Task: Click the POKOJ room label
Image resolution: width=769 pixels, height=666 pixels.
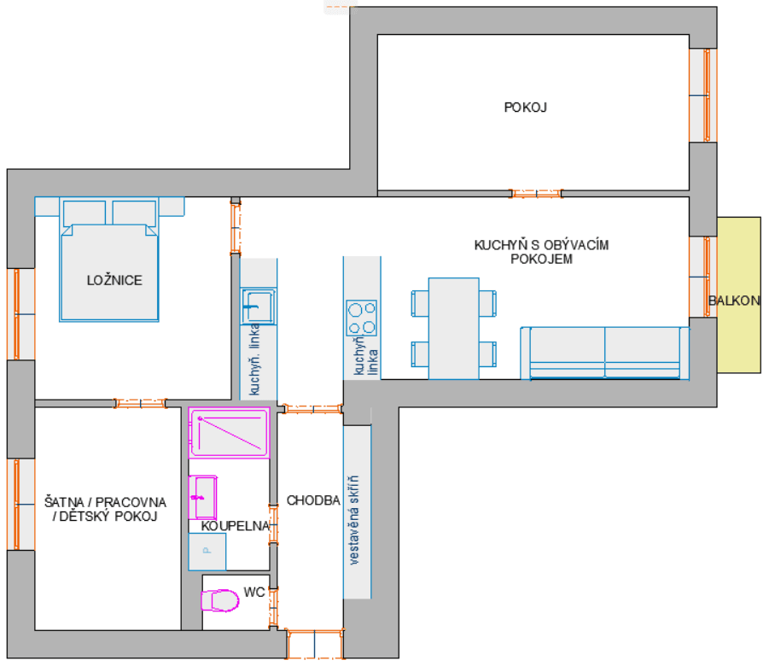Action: coord(525,108)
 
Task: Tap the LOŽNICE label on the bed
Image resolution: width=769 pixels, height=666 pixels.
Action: coord(114,280)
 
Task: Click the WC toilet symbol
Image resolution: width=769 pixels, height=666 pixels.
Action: coord(219,600)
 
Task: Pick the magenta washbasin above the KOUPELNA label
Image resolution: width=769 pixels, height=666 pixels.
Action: coord(203,497)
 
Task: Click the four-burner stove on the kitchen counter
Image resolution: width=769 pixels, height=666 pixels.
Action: coord(362,318)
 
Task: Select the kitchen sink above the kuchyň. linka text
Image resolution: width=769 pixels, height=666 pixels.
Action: coord(257,306)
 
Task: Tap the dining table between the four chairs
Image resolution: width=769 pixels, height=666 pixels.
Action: coord(453,328)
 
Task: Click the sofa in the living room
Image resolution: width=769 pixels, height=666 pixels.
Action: coord(604,353)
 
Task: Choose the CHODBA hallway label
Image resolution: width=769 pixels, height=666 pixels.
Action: coord(314,500)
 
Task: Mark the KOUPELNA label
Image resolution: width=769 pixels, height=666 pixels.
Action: coord(236,527)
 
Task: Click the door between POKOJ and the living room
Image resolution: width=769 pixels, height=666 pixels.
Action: coord(536,194)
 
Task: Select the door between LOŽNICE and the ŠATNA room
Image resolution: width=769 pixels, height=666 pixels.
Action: coord(140,403)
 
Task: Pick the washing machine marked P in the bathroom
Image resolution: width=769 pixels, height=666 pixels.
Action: coord(207,552)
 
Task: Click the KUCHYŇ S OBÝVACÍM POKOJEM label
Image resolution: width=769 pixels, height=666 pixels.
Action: coord(542,252)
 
